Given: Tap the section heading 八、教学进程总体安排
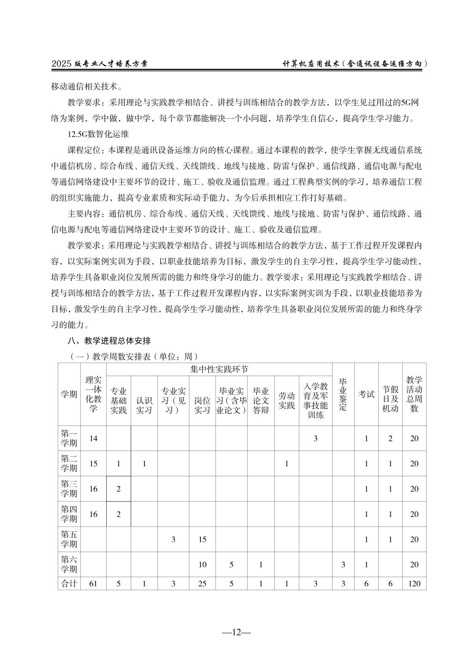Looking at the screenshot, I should coord(109,341).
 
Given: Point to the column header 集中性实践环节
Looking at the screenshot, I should coord(219,370).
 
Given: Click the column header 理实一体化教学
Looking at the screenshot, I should coord(93,394).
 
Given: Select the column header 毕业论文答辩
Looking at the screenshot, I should coord(261,401).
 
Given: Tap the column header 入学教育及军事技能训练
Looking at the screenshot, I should coord(315,401).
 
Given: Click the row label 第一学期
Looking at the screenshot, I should coord(69,438).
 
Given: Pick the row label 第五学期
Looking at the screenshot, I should coord(69,539).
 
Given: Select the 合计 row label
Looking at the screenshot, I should coord(69,584).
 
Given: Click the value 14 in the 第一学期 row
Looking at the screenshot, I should coord(93,438).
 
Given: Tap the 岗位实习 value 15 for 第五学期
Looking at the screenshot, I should coord(202,540).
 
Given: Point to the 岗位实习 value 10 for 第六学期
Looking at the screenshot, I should coord(202,565).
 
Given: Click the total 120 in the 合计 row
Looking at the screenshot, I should coord(414,584).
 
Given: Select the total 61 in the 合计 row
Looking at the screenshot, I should coord(93,584).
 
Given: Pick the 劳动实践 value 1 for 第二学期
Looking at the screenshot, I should coord(286,464).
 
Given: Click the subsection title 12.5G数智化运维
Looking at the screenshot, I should coord(98,134).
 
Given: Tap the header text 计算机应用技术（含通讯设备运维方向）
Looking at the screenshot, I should coord(354,64).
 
